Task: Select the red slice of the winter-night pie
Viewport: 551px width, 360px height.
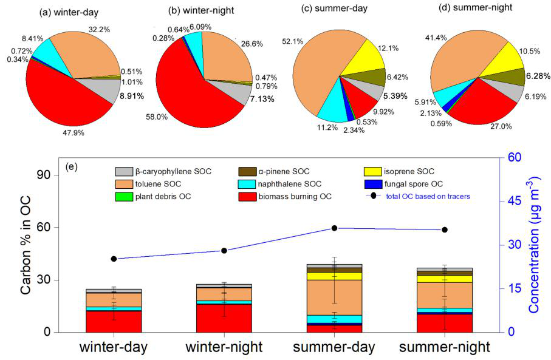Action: click(182, 91)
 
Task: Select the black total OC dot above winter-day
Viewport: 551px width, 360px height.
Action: click(114, 259)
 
